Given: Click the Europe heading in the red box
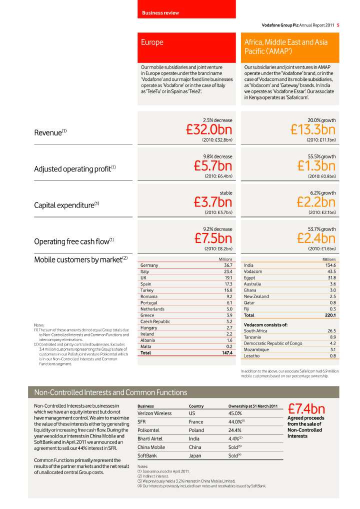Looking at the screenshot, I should [x=152, y=42].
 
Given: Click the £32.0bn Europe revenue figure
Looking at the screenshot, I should [x=209, y=130].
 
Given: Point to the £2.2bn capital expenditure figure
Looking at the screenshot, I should [x=316, y=201].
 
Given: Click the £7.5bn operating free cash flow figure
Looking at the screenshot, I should [x=213, y=237].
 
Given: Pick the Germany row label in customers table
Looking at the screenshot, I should [x=149, y=265].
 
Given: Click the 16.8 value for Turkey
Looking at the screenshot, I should [x=228, y=290].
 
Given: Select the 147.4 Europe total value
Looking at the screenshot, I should [x=227, y=352].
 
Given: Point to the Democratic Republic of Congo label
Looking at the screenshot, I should [x=272, y=343].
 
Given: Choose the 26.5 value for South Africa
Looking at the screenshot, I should [x=331, y=331].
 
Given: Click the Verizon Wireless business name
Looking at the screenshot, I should [x=154, y=413].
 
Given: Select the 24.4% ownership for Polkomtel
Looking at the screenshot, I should [x=235, y=430].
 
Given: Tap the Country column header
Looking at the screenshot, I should [x=196, y=406].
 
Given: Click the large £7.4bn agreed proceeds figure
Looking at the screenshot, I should [x=306, y=409].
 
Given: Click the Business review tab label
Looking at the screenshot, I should [x=160, y=12].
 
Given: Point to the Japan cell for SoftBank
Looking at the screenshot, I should [x=195, y=455].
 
